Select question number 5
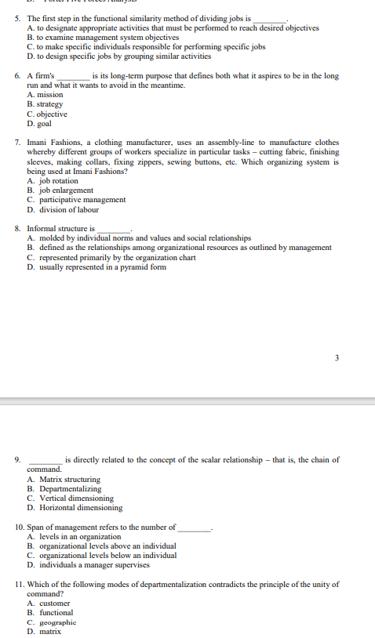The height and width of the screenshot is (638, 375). [18, 18]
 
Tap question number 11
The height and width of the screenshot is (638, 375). [20, 584]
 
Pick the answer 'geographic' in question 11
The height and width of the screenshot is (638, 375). [57, 622]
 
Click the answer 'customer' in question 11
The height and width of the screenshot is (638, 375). [54, 604]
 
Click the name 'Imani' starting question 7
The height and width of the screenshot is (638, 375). [38, 143]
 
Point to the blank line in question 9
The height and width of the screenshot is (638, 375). [46, 461]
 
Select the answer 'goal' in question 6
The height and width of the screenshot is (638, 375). [45, 123]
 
